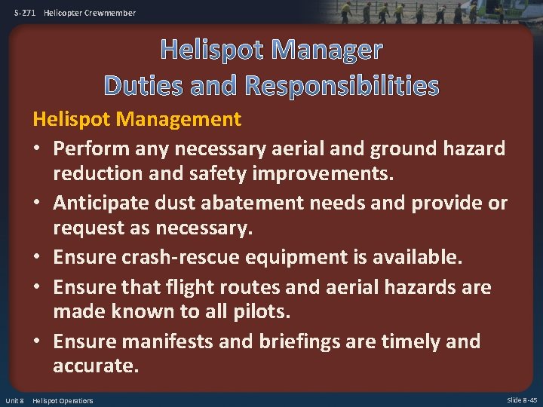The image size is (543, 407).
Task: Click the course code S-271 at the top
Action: [26, 13]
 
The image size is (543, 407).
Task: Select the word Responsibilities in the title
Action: [342, 86]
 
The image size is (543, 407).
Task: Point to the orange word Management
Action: [179, 118]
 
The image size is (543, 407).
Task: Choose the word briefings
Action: [299, 341]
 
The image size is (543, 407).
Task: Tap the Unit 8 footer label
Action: [14, 400]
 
